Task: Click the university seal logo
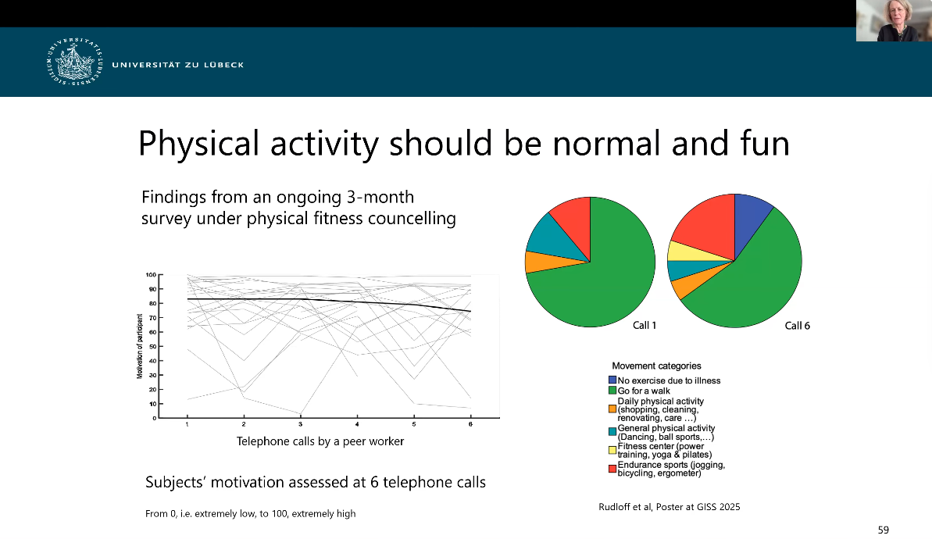(75, 64)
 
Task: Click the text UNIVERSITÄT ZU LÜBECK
(177, 65)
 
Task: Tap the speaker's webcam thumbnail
(894, 21)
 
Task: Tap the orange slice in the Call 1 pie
(535, 262)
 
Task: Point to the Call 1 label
(644, 326)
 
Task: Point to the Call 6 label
(797, 326)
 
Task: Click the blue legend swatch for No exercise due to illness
(612, 380)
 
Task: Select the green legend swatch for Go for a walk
(612, 391)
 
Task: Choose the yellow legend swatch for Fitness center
(612, 449)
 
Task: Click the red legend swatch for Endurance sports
(612, 469)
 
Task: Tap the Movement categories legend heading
(656, 366)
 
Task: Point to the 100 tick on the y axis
(151, 275)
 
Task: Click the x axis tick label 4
(357, 424)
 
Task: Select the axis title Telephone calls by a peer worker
(320, 441)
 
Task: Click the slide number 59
(883, 530)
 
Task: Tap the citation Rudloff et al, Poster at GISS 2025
(669, 508)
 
